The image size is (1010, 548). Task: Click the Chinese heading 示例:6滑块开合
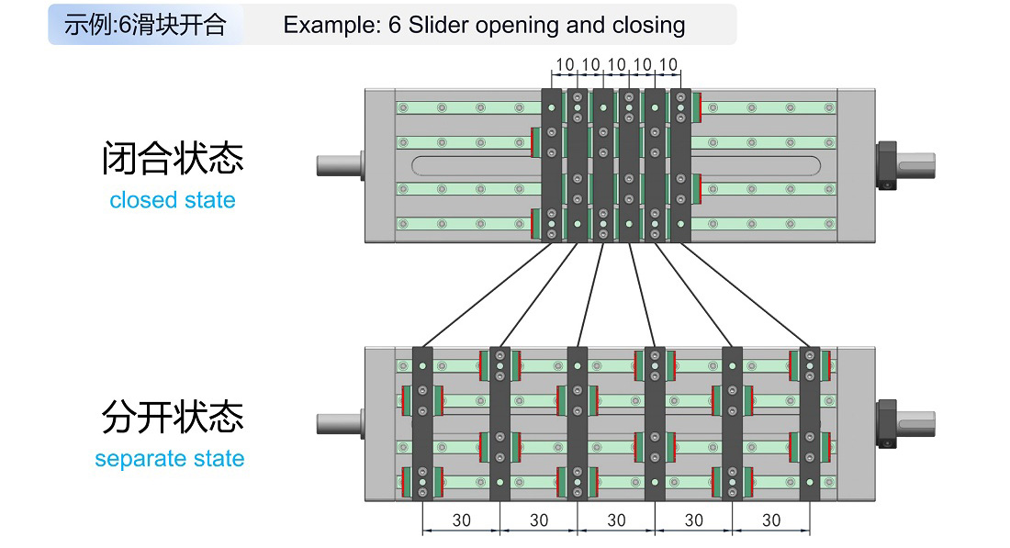[x=145, y=25]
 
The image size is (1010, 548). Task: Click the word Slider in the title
[x=438, y=25]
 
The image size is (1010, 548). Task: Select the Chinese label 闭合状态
[x=173, y=159]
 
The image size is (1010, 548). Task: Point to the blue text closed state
[x=173, y=200]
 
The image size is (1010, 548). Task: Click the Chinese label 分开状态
[x=173, y=418]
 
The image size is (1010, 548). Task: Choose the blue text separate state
[x=170, y=458]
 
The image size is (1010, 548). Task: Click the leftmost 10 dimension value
[x=564, y=65]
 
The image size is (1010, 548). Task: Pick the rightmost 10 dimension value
[x=668, y=65]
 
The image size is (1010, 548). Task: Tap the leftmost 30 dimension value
[x=461, y=520]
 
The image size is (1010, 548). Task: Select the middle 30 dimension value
[x=616, y=520]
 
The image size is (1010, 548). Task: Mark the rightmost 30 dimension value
[x=771, y=520]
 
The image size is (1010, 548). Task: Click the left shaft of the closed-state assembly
[x=339, y=165]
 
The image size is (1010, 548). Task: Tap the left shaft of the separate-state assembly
[x=339, y=424]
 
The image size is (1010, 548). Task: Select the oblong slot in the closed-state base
[x=477, y=165]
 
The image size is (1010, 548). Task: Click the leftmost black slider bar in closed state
[x=552, y=165]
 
